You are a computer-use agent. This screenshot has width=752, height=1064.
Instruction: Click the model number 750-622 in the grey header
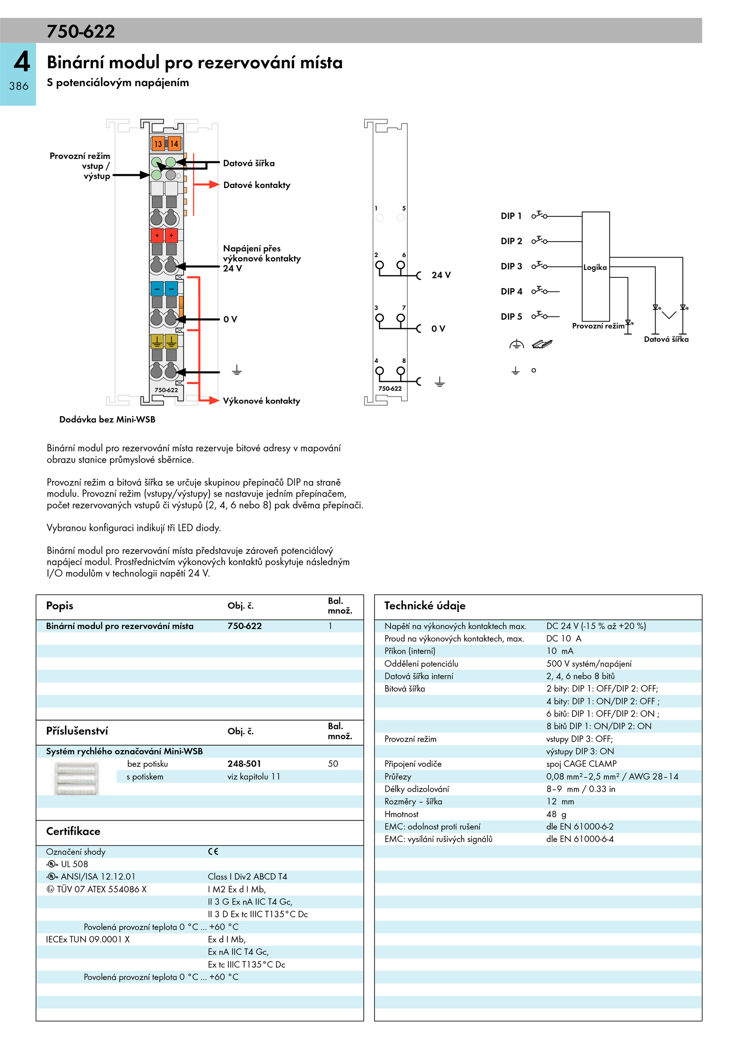[x=81, y=32]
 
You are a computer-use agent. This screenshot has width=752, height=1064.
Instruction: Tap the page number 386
[x=19, y=86]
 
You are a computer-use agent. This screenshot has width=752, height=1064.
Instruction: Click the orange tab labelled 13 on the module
[x=157, y=144]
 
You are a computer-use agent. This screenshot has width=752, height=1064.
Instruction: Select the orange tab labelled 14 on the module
[x=174, y=144]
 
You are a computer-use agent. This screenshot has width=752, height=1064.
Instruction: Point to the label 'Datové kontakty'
[x=257, y=185]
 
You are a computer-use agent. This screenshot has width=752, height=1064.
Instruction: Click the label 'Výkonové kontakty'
[x=261, y=401]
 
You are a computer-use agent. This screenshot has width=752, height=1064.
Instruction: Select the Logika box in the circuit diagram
[x=595, y=267]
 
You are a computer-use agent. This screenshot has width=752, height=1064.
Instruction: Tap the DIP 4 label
[x=511, y=292]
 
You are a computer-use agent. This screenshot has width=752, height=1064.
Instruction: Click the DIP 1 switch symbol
[x=540, y=215]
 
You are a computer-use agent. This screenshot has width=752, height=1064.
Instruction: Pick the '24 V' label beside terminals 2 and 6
[x=441, y=275]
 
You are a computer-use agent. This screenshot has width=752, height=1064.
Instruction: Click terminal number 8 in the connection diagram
[x=404, y=361]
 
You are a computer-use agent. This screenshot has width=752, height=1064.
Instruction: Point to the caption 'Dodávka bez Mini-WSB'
[x=107, y=419]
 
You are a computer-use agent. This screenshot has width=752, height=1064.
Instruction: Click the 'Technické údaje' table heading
[x=425, y=606]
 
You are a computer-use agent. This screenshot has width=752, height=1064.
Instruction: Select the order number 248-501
[x=244, y=764]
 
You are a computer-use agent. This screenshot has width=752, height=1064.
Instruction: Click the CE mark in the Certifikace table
[x=213, y=851]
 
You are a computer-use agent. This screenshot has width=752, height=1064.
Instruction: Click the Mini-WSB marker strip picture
[x=77, y=779]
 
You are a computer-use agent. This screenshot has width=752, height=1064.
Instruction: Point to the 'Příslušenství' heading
[x=77, y=731]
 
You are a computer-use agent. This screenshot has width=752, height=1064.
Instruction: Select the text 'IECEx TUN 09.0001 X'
[x=88, y=939]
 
